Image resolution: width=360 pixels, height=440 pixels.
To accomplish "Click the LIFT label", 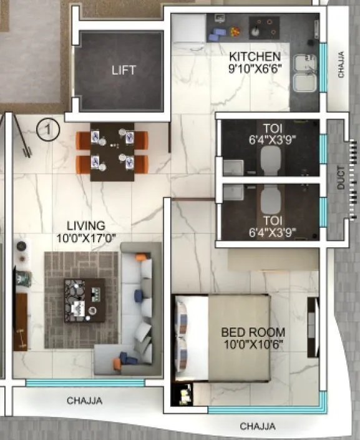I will click(124, 70).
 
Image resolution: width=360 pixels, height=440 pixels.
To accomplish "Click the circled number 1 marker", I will click(47, 130).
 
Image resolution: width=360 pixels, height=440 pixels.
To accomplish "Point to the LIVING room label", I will click(87, 225).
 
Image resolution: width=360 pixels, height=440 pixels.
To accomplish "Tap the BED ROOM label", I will click(253, 332).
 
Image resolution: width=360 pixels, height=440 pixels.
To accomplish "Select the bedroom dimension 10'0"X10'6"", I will click(253, 343).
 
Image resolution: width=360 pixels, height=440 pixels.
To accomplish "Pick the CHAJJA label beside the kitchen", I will click(341, 64).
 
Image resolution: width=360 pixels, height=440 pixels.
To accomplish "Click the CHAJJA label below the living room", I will click(85, 401).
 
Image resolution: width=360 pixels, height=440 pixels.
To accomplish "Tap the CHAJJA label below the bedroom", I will click(257, 427).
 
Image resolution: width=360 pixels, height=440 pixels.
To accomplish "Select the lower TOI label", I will click(271, 220).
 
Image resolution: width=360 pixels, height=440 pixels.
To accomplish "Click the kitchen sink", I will click(305, 74).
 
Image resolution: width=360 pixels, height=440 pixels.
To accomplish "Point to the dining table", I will click(112, 151).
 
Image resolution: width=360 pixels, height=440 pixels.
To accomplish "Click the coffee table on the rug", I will click(84, 300).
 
